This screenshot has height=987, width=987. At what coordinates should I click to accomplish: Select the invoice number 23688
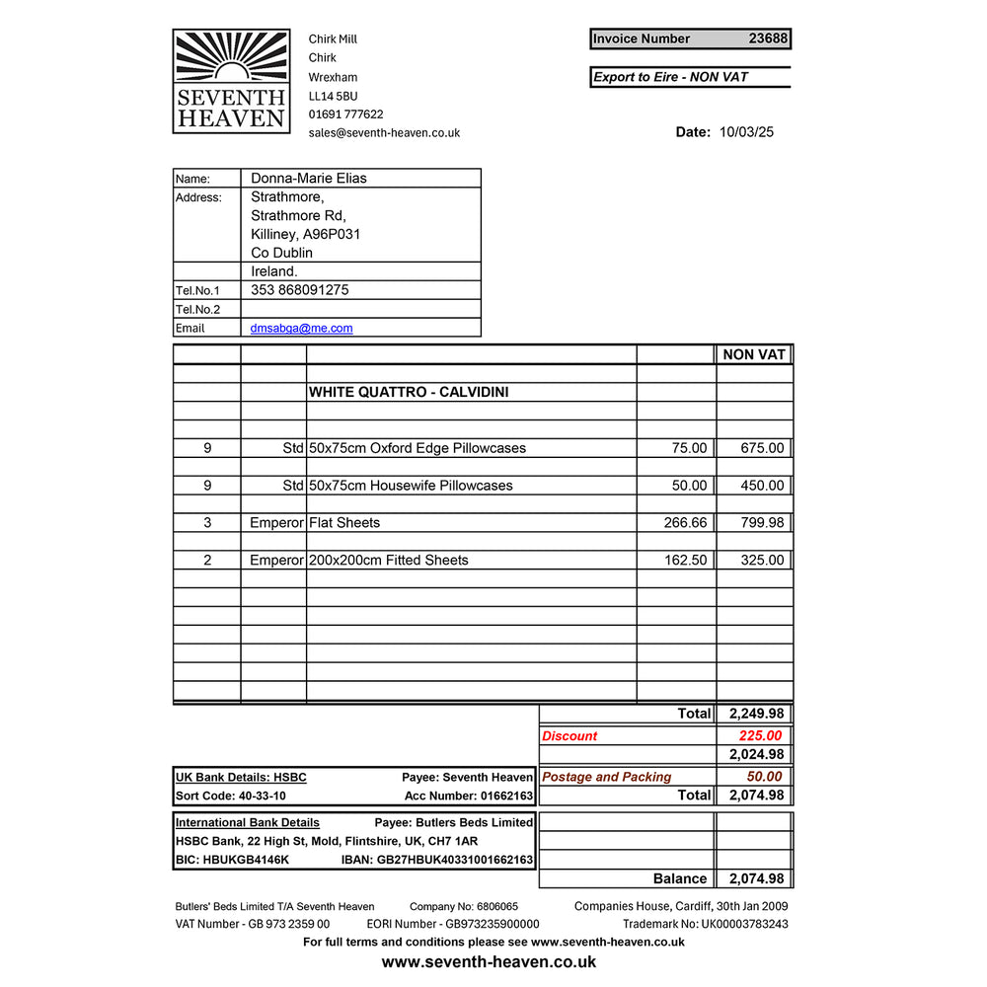768,39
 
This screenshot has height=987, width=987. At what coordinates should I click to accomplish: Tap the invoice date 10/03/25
746,132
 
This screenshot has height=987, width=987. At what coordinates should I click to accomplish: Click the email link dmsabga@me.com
301,329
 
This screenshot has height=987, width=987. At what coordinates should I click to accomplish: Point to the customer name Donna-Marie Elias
308,179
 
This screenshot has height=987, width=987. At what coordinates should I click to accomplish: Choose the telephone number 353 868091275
299,290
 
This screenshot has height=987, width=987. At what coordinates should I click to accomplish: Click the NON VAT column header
754,354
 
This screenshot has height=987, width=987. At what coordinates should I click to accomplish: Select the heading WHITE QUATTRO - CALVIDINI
409,392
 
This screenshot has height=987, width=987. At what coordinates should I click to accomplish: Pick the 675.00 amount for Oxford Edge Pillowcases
763,448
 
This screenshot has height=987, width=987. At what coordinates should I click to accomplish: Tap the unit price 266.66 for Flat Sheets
685,523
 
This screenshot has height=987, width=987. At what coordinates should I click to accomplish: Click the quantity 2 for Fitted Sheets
207,561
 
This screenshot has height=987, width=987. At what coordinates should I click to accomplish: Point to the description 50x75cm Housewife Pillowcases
411,486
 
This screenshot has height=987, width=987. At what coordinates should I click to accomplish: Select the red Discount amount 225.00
760,735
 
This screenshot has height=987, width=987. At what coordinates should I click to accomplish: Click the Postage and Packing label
607,777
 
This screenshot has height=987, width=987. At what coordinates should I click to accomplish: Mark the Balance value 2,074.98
756,878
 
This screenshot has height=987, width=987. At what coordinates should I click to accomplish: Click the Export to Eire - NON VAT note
670,77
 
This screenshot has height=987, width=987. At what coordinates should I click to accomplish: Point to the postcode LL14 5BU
333,96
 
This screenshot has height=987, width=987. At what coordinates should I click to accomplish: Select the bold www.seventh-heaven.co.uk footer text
489,961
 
